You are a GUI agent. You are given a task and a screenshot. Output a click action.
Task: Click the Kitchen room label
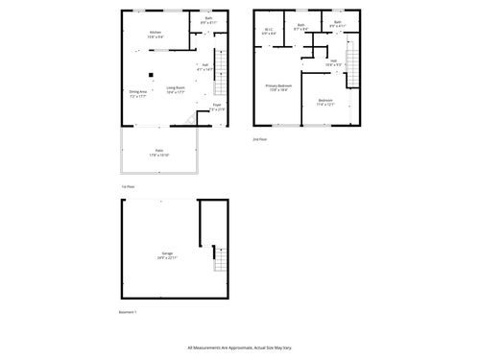(x=156, y=35)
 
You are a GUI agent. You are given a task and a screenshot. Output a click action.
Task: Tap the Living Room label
(x=176, y=90)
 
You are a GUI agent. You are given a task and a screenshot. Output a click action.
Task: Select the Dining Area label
(x=138, y=94)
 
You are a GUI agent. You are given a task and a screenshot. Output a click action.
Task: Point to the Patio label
(x=158, y=152)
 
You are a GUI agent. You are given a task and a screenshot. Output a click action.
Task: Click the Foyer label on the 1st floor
(x=217, y=107)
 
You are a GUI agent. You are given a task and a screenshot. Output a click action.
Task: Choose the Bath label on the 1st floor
(x=209, y=20)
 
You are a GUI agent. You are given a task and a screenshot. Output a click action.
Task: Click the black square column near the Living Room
(x=151, y=75)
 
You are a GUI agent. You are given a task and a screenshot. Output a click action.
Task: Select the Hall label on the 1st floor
(x=204, y=67)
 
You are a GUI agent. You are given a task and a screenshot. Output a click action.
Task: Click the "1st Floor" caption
(x=127, y=186)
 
